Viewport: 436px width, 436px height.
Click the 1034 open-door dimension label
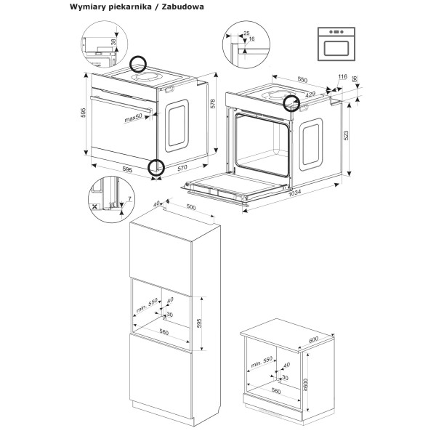tap(293, 193)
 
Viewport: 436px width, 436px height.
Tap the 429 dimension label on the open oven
tap(310, 94)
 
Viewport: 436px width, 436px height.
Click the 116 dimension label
tap(342, 77)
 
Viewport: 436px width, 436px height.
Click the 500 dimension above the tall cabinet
tap(192, 207)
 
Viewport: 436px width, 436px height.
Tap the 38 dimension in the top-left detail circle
tap(113, 42)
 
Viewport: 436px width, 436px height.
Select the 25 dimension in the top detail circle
tap(247, 33)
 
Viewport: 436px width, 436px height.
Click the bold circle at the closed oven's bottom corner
tap(156, 168)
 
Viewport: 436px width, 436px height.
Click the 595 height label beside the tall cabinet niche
tap(198, 321)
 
